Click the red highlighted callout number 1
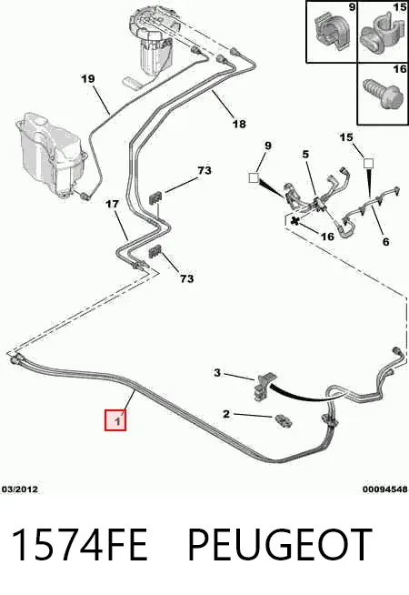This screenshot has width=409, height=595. [115, 420]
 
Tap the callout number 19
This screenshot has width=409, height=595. [87, 79]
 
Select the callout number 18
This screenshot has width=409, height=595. [239, 124]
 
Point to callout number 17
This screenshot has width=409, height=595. [112, 204]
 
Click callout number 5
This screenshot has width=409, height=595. [305, 155]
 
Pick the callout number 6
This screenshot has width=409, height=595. [385, 241]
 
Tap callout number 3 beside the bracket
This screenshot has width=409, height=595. [217, 373]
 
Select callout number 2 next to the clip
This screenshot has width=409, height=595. [226, 414]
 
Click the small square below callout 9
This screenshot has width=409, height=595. [254, 177]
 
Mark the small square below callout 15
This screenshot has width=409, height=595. [368, 164]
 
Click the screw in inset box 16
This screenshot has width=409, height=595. [382, 94]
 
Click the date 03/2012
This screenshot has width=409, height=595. [20, 489]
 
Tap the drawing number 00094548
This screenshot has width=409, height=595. [385, 489]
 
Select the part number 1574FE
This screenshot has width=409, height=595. [80, 545]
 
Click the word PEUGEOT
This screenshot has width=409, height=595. [280, 545]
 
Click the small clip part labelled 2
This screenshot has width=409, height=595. [283, 420]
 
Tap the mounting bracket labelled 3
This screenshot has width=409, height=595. [265, 386]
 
